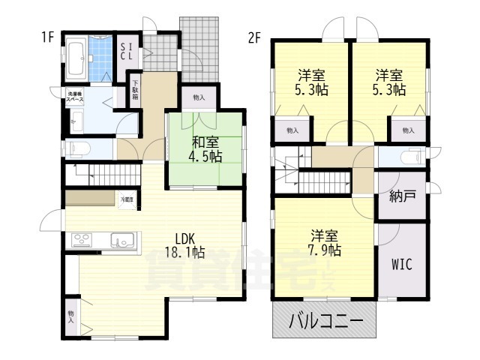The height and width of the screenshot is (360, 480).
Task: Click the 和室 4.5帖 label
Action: (204, 148)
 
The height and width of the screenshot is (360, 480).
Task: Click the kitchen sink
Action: (121, 240)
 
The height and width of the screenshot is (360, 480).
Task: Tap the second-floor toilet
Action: (409, 157)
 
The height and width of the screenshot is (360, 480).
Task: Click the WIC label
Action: (401, 265)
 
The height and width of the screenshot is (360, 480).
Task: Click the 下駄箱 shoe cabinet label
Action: (136, 92)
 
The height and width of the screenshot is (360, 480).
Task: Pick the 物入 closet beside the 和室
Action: (198, 97)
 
